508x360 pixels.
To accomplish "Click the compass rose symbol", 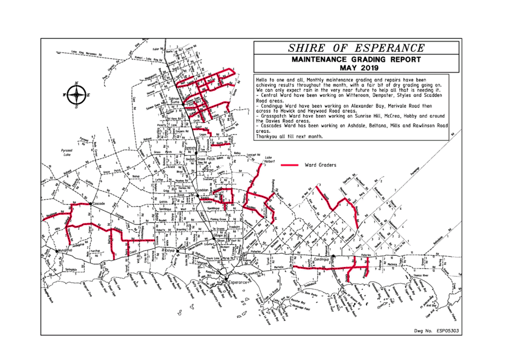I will [x=77, y=95].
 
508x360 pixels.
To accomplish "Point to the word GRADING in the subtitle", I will [x=368, y=59].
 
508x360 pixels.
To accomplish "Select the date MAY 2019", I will [x=356, y=67].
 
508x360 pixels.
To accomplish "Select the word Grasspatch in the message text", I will [x=273, y=116].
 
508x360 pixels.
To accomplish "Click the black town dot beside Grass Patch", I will [x=196, y=153].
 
